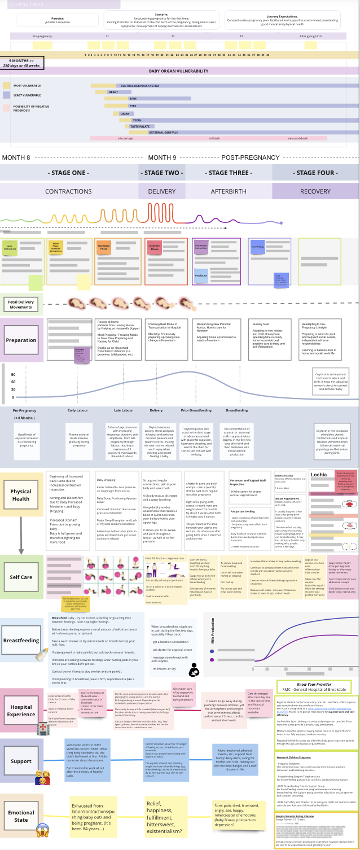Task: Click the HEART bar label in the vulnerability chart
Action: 113,92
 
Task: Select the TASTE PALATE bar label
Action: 140,126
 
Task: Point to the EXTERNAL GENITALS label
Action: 163,133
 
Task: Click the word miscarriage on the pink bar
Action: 125,138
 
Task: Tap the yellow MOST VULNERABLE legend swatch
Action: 6,85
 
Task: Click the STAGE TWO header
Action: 161,173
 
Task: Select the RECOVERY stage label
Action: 315,191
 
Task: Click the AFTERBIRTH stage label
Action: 229,191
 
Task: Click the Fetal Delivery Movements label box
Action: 21,304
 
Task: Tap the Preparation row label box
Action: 21,340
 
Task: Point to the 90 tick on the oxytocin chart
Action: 13,375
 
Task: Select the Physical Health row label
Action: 21,494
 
